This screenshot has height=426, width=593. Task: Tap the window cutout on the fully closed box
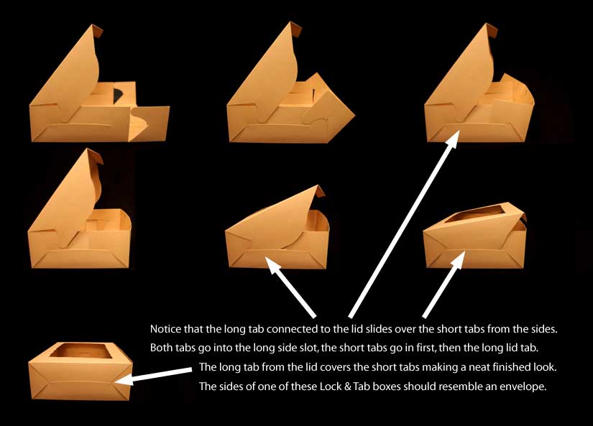coord(81,351)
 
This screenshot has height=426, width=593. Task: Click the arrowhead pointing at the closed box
coord(125,379)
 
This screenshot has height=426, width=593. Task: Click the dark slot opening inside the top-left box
coord(119,95)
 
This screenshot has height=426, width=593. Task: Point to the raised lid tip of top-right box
coord(491,29)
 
